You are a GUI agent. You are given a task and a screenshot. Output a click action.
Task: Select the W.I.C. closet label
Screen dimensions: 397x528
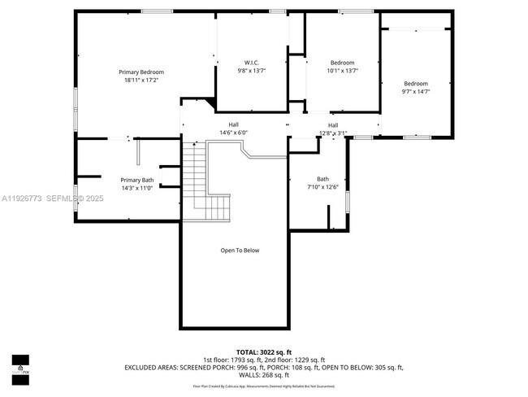252,63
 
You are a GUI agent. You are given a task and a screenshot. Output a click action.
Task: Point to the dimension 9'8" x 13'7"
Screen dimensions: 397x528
252,71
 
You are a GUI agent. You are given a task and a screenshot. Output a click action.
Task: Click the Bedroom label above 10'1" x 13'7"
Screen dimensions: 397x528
342,63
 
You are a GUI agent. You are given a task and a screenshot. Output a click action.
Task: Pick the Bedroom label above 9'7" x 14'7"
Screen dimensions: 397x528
416,83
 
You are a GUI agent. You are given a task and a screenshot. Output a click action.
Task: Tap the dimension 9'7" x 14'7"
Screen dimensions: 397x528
416,91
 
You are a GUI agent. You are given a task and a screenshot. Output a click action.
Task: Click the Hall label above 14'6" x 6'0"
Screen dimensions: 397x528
233,124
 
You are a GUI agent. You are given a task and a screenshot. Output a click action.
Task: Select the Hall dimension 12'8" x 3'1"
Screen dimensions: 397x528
333,133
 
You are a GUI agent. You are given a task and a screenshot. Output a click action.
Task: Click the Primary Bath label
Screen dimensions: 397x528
136,180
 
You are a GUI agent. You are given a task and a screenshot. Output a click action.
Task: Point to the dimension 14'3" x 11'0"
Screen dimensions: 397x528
136,188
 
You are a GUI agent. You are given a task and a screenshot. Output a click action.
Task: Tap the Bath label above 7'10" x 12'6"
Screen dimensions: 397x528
322,179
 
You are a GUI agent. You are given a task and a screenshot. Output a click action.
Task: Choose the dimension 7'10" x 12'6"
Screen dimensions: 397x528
322,187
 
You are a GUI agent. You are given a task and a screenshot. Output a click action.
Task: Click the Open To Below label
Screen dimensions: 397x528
240,251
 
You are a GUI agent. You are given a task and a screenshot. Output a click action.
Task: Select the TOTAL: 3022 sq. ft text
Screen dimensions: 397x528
263,351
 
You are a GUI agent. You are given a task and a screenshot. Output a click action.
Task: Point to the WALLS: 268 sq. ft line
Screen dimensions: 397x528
263,375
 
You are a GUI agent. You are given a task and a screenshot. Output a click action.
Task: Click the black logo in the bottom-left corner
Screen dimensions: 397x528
19,367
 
